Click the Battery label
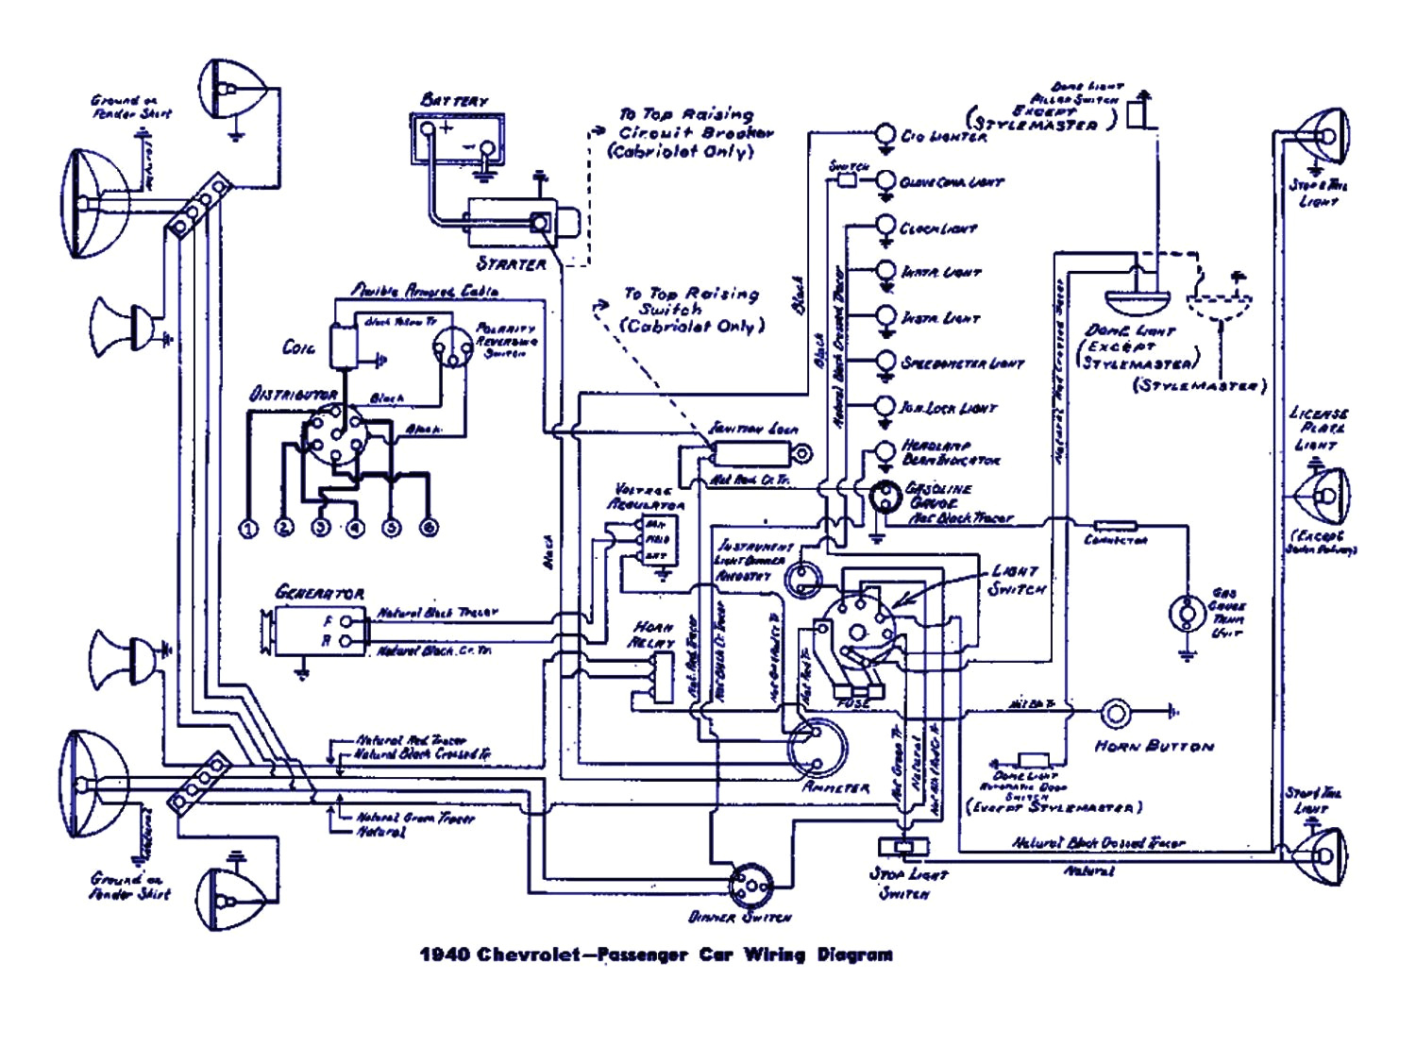454,99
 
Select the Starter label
511,263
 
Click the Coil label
298,347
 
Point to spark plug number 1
248,529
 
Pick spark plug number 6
429,528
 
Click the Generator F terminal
346,620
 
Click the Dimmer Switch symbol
750,885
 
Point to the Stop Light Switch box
903,846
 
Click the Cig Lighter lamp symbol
885,134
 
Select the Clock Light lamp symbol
885,226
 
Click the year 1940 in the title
445,954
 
